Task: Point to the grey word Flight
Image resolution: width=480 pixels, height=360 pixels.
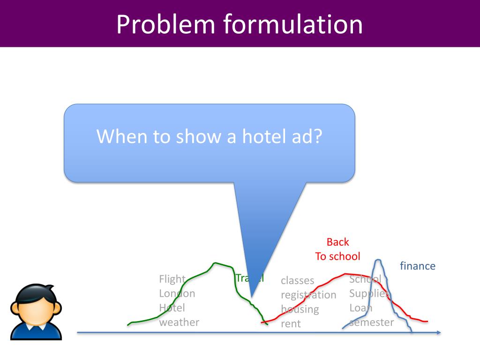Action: (172, 279)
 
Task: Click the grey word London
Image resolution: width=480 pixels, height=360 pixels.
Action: (177, 293)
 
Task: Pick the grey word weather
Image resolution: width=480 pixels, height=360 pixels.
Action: (179, 322)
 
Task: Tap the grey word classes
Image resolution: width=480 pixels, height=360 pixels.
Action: (298, 280)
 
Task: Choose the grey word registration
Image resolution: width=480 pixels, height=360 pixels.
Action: (308, 295)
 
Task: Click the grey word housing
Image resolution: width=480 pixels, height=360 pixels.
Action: (300, 309)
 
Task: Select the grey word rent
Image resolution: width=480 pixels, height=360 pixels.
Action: (291, 324)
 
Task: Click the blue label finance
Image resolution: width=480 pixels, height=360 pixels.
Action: (417, 266)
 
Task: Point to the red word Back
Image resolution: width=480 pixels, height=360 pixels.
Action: (337, 242)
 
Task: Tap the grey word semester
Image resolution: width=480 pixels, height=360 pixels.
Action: (372, 322)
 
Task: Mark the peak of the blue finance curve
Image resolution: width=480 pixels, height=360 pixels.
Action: (378, 260)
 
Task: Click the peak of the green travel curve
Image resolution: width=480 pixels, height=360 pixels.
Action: (215, 263)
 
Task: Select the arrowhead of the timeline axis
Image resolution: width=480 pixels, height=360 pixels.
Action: (438, 333)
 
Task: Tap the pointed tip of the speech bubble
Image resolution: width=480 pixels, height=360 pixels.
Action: (252, 297)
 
